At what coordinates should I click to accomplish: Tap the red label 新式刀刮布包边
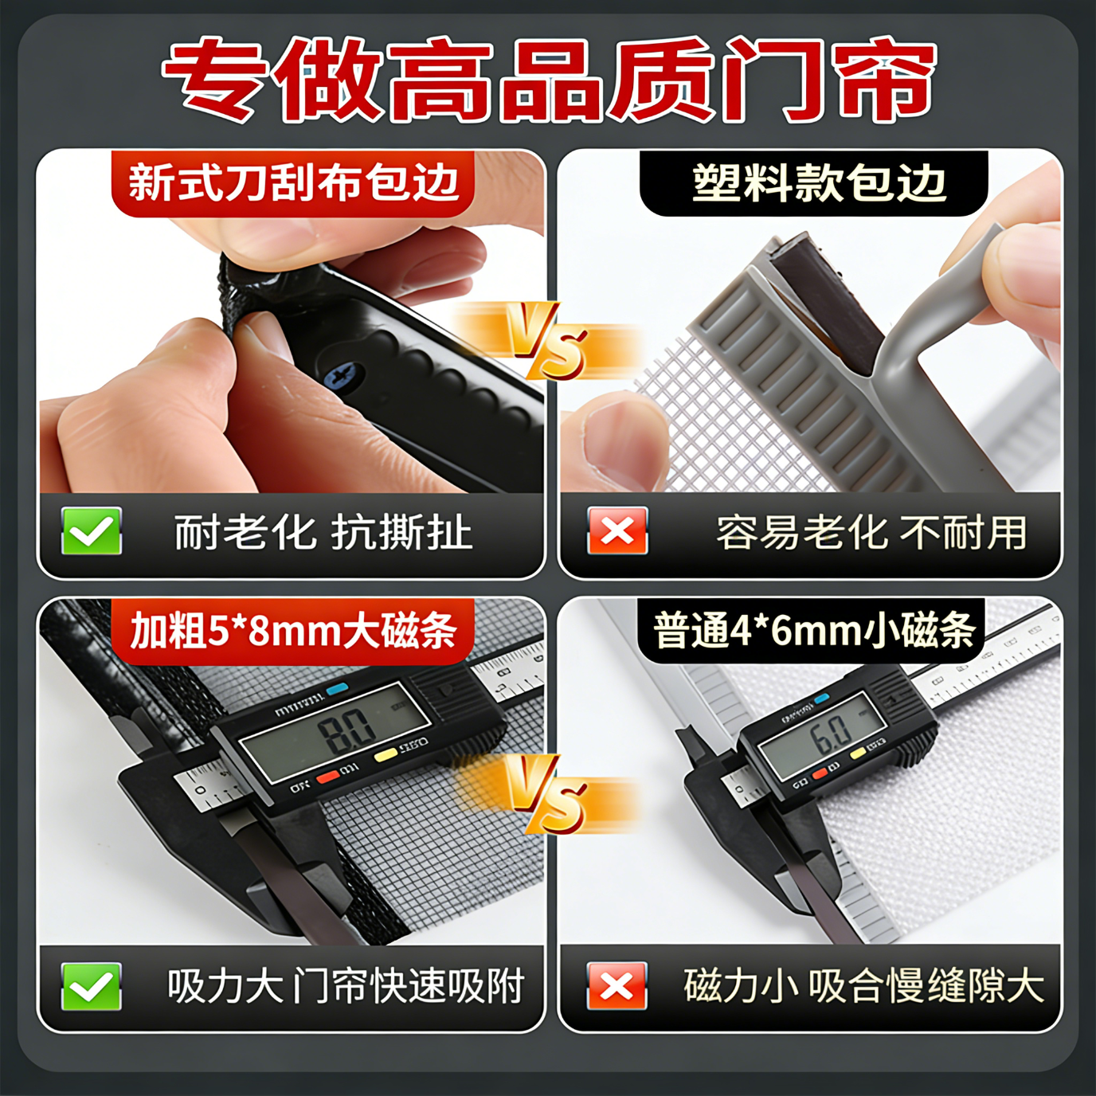tap(293, 183)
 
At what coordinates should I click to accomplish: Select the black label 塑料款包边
tap(817, 183)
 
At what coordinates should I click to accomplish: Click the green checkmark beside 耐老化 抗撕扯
tap(92, 531)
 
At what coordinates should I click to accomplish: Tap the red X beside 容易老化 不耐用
tap(617, 531)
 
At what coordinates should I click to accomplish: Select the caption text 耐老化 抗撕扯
tap(323, 532)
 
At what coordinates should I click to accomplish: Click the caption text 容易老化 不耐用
tap(871, 532)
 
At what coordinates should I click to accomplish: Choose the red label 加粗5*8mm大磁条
tap(293, 632)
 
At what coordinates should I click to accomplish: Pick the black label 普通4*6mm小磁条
tap(814, 632)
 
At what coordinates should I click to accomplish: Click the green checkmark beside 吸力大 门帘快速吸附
tap(92, 986)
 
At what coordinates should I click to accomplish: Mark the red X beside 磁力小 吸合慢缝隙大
tap(617, 986)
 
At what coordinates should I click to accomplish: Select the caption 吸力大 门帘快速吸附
tap(345, 986)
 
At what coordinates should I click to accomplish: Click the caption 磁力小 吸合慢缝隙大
tap(863, 986)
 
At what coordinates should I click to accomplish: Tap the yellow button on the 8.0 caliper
tap(386, 753)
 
